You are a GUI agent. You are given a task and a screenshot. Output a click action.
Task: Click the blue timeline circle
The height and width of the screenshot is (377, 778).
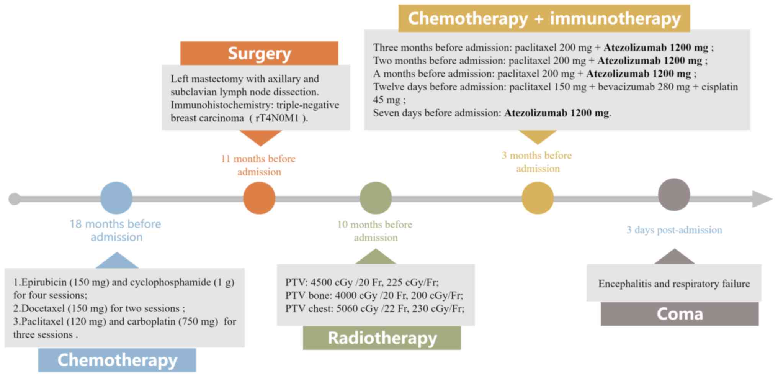[116, 198]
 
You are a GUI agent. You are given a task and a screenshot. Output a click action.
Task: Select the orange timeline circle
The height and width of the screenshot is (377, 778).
[259, 198]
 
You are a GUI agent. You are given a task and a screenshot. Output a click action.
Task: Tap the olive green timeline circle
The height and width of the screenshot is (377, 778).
[376, 198]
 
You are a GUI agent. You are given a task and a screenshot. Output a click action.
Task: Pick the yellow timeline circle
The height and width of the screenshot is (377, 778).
[538, 198]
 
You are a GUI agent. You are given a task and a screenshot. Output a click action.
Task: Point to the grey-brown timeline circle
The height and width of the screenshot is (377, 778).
[674, 195]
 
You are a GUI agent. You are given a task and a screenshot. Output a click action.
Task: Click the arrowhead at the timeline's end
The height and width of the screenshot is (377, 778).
[762, 199]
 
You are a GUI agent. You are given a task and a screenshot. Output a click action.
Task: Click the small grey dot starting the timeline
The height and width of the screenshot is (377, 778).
[15, 199]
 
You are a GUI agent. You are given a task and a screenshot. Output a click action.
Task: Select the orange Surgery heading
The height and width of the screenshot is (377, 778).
[259, 53]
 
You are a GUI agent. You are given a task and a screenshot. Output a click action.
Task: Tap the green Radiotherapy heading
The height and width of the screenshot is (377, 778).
[382, 338]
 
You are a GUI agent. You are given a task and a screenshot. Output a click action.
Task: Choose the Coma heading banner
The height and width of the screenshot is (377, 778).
[680, 314]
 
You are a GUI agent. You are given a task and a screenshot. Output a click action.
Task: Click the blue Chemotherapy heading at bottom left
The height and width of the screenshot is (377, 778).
[117, 360]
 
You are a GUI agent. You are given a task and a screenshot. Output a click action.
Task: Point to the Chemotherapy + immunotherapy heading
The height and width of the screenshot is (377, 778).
[544, 18]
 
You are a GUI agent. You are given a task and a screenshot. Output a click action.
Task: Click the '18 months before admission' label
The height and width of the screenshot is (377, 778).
[116, 230]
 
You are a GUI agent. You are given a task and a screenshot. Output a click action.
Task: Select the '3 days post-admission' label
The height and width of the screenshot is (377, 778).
[674, 230]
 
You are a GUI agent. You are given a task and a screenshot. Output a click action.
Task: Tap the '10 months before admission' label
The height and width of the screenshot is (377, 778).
[375, 231]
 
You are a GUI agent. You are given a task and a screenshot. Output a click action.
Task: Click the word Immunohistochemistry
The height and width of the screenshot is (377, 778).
[221, 105]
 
